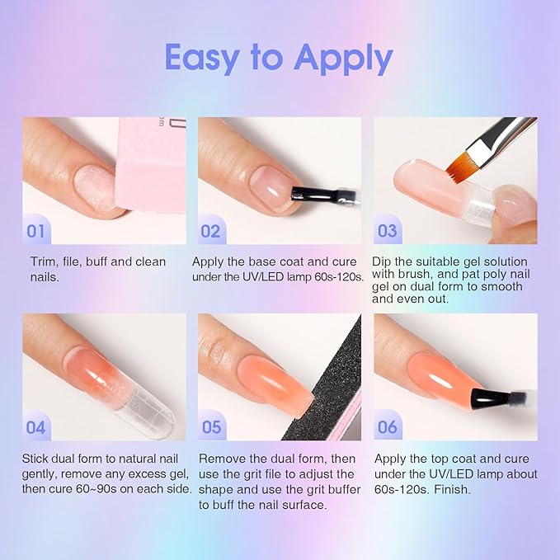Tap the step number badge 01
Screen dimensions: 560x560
click(36, 231)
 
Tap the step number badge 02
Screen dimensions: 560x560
click(211, 231)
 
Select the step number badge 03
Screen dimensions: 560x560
click(387, 231)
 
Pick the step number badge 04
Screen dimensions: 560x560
click(36, 427)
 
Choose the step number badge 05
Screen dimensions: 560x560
click(211, 427)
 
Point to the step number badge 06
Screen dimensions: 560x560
click(387, 427)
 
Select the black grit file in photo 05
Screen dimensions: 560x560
click(334, 379)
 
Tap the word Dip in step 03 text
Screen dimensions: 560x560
click(384, 262)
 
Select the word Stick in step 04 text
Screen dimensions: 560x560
click(37, 459)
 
